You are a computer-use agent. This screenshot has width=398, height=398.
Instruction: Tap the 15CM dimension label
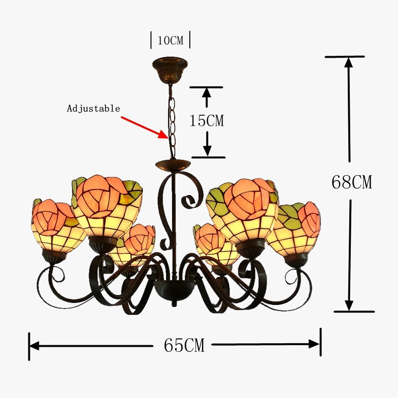[207, 120]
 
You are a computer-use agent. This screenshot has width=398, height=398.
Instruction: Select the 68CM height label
[351, 182]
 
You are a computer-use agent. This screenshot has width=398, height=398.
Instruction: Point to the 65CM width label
[184, 345]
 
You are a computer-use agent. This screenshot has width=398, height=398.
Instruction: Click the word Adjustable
[94, 108]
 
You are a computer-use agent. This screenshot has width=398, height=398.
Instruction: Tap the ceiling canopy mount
[170, 66]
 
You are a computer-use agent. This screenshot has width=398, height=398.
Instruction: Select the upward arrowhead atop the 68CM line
[349, 63]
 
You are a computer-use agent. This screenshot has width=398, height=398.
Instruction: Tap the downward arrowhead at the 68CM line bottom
[349, 304]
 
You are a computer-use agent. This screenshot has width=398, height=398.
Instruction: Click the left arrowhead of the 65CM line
[34, 345]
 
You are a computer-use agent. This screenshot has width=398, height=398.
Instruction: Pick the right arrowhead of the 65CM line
[314, 344]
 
